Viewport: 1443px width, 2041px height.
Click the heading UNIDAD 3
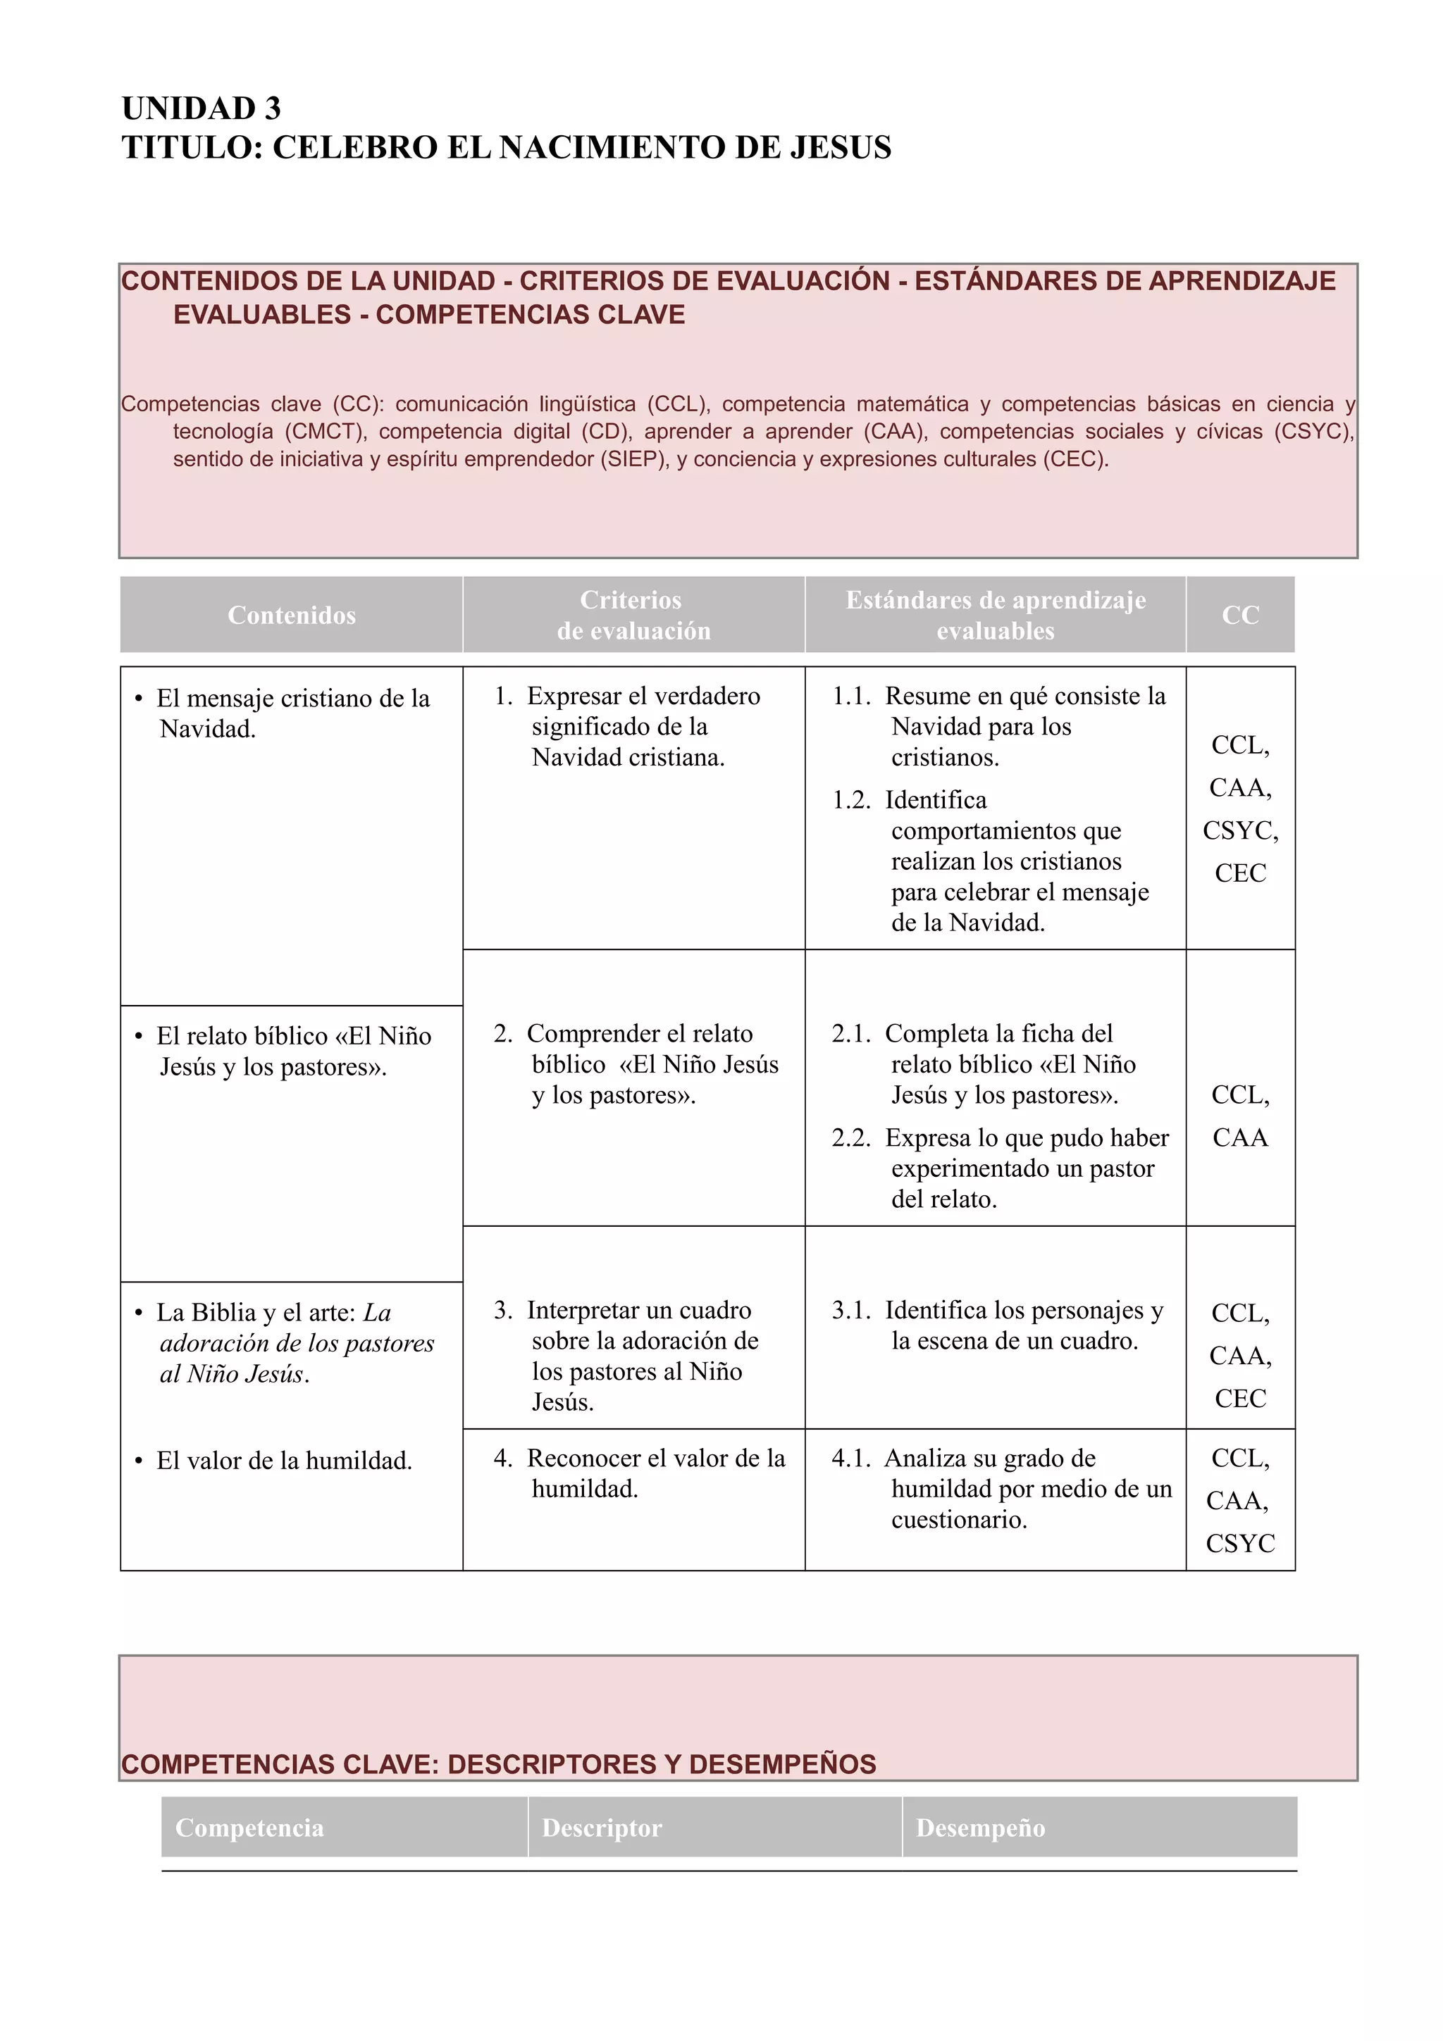[x=201, y=108]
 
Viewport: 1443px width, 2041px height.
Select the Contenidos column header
[x=292, y=615]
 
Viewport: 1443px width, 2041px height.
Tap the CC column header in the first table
[x=1239, y=615]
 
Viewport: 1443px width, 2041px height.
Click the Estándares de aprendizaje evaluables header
[x=995, y=615]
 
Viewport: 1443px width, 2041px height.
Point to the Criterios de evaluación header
[x=633, y=615]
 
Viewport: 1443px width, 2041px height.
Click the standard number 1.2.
[x=851, y=800]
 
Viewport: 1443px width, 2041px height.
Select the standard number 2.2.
[x=851, y=1138]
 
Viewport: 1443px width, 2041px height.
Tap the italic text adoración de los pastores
[x=297, y=1343]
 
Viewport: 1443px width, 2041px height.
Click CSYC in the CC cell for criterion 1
[x=1239, y=830]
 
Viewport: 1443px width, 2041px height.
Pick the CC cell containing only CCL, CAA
[x=1239, y=1116]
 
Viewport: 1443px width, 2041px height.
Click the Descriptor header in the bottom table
[x=602, y=1828]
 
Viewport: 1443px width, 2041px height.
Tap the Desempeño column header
[x=980, y=1828]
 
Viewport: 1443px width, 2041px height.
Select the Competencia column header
[x=250, y=1828]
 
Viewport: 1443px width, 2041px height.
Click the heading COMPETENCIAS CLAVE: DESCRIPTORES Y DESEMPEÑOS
[x=498, y=1764]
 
